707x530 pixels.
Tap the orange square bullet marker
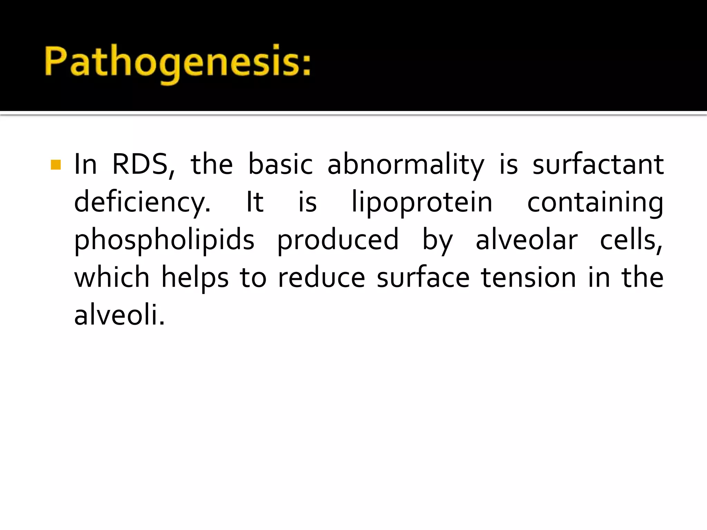coord(56,165)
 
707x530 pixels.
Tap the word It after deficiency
coord(255,202)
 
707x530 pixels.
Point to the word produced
coord(338,240)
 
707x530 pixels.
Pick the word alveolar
coord(526,240)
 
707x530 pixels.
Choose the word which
coord(112,277)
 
